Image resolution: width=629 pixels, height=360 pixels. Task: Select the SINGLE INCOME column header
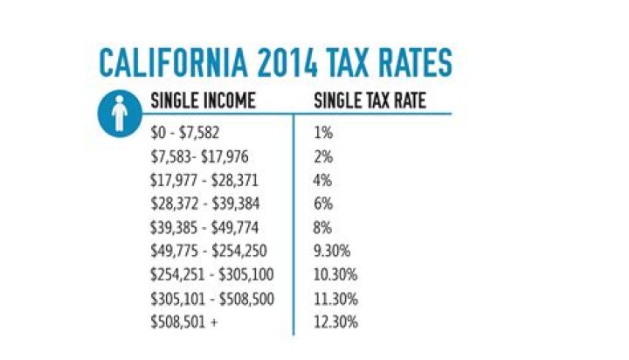[204, 101]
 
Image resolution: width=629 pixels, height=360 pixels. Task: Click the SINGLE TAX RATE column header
[370, 101]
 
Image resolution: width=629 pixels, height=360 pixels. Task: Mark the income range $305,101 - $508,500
[213, 299]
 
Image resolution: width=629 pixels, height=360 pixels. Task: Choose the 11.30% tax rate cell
[335, 299]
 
